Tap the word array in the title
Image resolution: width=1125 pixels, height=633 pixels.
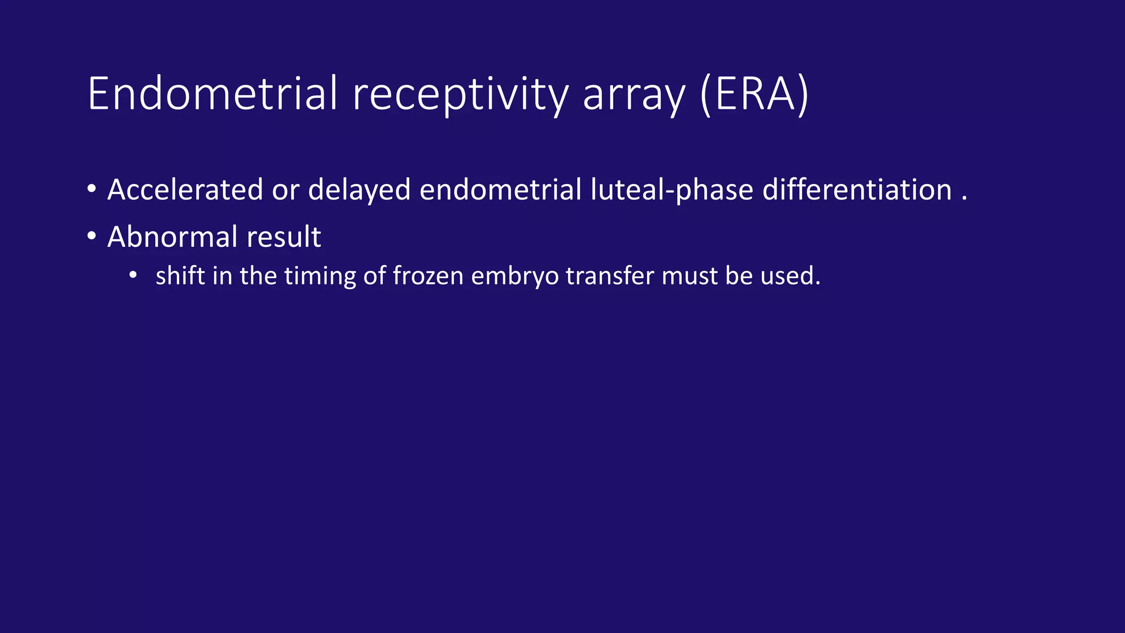(x=634, y=95)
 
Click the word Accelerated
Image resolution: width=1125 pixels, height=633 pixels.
(x=185, y=190)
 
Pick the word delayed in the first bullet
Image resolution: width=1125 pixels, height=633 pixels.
(x=359, y=191)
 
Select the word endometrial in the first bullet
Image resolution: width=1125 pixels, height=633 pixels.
(x=500, y=190)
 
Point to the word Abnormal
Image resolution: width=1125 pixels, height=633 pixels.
(x=172, y=237)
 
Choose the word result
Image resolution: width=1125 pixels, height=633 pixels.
(x=283, y=237)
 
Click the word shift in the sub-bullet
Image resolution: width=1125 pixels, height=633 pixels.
(x=180, y=275)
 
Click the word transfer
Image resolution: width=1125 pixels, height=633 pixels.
(x=610, y=275)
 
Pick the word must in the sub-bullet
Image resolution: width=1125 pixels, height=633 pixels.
(x=689, y=275)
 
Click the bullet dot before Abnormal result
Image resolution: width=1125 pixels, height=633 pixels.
(x=92, y=237)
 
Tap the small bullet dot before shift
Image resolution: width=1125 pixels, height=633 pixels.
(x=133, y=275)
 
